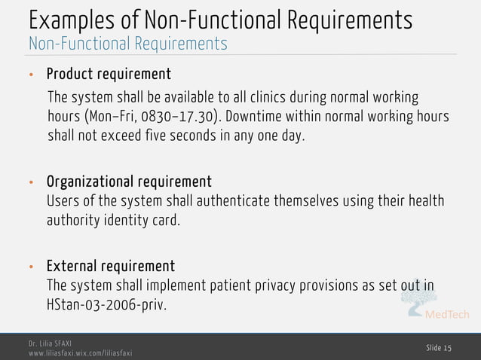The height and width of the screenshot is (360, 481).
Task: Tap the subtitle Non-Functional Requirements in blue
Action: click(127, 44)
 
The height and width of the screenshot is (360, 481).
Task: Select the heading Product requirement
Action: click(109, 75)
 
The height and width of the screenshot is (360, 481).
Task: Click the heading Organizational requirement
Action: click(129, 182)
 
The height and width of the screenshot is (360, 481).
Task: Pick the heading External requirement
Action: click(111, 267)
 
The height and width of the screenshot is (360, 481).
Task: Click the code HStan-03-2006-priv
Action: click(106, 306)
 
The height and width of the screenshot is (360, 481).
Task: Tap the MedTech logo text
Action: click(448, 314)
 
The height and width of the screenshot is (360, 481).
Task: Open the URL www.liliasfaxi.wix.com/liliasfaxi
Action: click(80, 352)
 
